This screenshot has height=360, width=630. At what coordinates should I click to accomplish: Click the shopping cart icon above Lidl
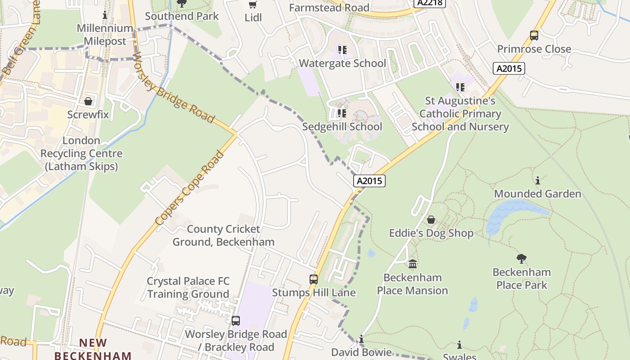pyautogui.click(x=253, y=4)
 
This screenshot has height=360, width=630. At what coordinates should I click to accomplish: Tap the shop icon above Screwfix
pyautogui.click(x=88, y=101)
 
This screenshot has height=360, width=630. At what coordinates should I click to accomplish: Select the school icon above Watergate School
pyautogui.click(x=342, y=50)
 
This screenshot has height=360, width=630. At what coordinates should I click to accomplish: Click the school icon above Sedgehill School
pyautogui.click(x=342, y=113)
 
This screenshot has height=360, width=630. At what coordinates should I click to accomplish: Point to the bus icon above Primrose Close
pyautogui.click(x=534, y=35)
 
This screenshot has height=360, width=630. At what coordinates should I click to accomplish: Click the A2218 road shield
pyautogui.click(x=429, y=3)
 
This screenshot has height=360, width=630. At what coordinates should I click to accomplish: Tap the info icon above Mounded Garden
pyautogui.click(x=537, y=181)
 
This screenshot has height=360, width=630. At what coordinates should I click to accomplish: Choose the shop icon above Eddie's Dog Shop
pyautogui.click(x=431, y=220)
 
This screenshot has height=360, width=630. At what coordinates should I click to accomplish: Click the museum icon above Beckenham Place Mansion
pyautogui.click(x=413, y=264)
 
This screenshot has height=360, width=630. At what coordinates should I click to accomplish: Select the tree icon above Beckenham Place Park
pyautogui.click(x=522, y=258)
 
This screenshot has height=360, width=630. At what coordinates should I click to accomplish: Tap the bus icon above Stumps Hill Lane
pyautogui.click(x=314, y=279)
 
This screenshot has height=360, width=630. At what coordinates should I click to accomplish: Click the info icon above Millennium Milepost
pyautogui.click(x=105, y=15)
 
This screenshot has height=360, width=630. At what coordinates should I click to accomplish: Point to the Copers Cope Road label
pyautogui.click(x=189, y=189)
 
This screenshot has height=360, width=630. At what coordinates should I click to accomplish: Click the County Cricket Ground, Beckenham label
pyautogui.click(x=224, y=235)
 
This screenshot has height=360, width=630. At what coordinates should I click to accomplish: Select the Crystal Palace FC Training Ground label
pyautogui.click(x=188, y=288)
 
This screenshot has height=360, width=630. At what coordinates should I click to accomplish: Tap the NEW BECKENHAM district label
pyautogui.click(x=93, y=349)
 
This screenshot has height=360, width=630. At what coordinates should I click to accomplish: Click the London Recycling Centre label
pyautogui.click(x=81, y=153)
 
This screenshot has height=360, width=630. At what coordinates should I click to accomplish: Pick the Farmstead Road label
pyautogui.click(x=329, y=8)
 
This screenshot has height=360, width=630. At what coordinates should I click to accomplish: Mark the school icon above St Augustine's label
pyautogui.click(x=460, y=87)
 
